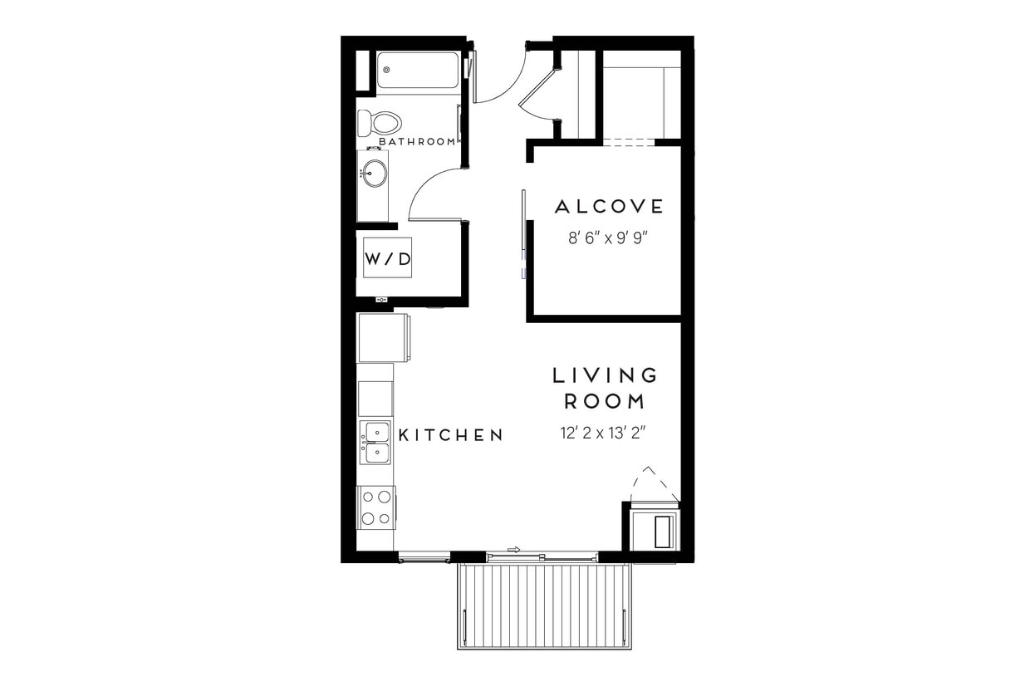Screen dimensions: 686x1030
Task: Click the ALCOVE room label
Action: click(609, 207)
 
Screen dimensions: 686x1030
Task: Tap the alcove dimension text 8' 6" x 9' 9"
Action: click(607, 238)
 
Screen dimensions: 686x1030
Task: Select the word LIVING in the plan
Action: click(605, 375)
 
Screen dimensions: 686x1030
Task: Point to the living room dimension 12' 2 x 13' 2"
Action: click(604, 433)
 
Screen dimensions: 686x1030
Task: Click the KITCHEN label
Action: click(451, 435)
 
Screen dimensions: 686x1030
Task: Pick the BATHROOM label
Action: click(417, 142)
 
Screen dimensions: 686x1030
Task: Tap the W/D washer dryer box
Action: click(387, 258)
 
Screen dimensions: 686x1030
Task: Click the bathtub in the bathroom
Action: click(417, 71)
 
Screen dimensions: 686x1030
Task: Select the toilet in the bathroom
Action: click(379, 123)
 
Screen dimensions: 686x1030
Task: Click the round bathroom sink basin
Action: click(374, 174)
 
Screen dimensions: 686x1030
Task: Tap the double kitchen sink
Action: click(375, 442)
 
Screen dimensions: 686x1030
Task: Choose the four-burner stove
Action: click(376, 507)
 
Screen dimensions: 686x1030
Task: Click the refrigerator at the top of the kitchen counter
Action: click(383, 337)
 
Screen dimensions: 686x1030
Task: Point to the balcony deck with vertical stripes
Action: click(544, 605)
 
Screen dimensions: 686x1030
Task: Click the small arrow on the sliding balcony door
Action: click(513, 549)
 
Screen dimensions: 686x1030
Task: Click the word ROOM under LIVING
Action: click(605, 402)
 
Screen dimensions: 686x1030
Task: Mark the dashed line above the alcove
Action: click(628, 143)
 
